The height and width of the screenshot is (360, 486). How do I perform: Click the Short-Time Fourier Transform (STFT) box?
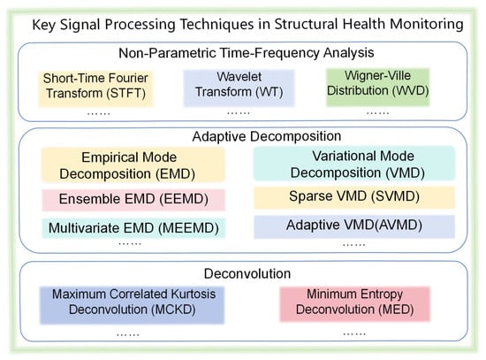(x=95, y=88)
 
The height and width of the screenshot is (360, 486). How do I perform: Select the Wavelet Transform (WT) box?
(x=239, y=88)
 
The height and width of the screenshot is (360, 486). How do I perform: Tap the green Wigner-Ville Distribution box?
(x=378, y=88)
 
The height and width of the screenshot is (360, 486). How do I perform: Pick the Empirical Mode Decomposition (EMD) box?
(x=133, y=165)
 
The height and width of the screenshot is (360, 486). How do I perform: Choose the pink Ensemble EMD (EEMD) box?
(x=133, y=200)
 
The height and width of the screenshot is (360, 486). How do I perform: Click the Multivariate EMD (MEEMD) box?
(x=133, y=228)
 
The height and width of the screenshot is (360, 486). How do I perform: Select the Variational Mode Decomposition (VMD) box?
(x=354, y=164)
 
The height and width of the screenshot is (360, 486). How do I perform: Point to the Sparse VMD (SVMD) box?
(x=354, y=197)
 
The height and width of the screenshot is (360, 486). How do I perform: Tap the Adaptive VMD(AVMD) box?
(x=354, y=226)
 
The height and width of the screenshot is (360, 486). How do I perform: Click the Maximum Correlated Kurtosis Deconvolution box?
(x=132, y=305)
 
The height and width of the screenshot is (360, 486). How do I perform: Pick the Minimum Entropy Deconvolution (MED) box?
(x=355, y=304)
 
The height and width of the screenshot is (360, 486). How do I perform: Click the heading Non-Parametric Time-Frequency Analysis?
(x=247, y=53)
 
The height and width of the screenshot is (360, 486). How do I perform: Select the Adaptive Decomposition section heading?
(x=267, y=136)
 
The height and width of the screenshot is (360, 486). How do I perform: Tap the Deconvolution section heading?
(x=247, y=273)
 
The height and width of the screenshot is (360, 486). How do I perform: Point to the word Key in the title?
(x=43, y=25)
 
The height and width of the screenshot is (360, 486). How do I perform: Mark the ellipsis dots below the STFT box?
(x=99, y=114)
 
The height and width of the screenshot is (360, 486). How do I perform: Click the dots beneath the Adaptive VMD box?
(x=354, y=245)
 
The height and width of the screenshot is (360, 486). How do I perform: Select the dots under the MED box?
(x=354, y=334)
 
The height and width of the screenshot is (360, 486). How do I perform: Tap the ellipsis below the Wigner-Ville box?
(x=377, y=113)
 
